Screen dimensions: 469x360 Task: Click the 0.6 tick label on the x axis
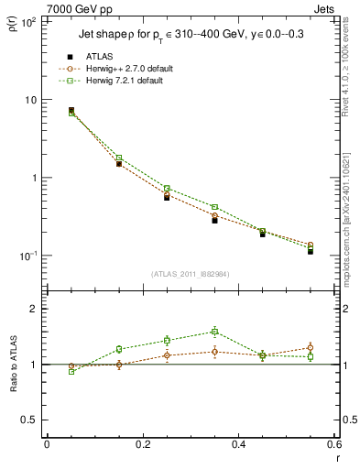[x=334, y=445]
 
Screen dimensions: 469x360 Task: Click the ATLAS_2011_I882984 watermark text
[x=190, y=274]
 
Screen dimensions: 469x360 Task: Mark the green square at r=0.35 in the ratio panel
[x=214, y=332]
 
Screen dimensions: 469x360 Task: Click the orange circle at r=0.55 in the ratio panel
[x=311, y=347]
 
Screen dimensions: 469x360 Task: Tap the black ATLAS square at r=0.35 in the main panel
[x=214, y=220]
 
